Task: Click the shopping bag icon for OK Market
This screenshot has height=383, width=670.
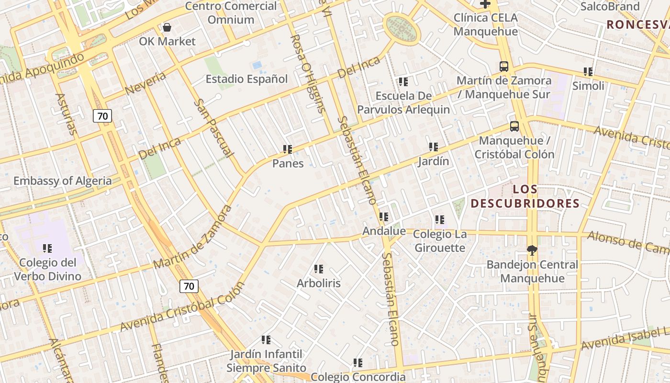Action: point(167,27)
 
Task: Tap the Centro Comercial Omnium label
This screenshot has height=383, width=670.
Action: point(231,13)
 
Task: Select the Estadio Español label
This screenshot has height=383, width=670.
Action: point(246,79)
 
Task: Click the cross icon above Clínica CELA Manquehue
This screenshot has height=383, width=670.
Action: point(485,4)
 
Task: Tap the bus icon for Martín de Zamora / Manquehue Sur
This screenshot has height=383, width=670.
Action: point(504,67)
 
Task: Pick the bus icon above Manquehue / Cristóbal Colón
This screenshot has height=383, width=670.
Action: point(514,126)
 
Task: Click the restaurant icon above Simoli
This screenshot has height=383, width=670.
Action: point(588,72)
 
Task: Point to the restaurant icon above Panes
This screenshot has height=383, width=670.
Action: point(288,149)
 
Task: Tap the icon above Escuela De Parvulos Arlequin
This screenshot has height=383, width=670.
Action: point(403,82)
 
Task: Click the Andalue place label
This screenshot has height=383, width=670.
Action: point(384,231)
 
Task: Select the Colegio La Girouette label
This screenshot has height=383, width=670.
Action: point(439,241)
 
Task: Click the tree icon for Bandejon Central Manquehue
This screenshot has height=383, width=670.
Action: point(532,250)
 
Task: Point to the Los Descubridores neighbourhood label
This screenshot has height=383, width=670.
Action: point(525,196)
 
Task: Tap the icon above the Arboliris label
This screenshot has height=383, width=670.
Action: point(319,269)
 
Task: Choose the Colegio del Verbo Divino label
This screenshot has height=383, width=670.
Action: point(47,270)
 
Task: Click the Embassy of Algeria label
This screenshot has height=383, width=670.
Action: point(62,181)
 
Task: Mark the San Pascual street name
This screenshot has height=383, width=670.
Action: point(213,128)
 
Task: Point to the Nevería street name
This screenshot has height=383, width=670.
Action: point(145,83)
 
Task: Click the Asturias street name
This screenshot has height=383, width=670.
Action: point(66,114)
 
